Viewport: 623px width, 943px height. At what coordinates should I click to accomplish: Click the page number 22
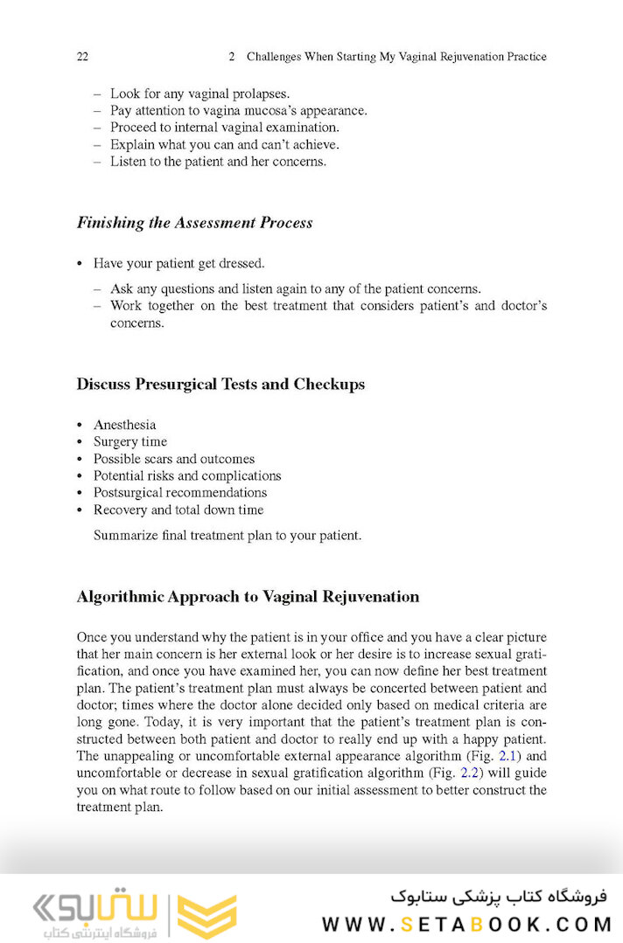pos(83,57)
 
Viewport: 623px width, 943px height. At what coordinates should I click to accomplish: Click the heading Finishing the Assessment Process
pos(194,223)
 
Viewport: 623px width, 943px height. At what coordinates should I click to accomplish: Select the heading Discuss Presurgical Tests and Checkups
pos(220,385)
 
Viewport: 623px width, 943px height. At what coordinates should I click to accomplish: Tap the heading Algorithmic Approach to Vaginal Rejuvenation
pos(248,598)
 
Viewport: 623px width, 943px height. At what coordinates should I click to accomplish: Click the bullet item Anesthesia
pos(124,425)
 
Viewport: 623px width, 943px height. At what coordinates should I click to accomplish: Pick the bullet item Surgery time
pos(130,442)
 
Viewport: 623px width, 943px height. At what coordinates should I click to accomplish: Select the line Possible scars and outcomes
pos(174,459)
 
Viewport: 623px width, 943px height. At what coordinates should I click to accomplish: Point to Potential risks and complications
pos(187,476)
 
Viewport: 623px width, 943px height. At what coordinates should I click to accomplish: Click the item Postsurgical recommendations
pos(180,493)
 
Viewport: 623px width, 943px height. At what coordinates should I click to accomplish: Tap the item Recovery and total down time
pos(178,510)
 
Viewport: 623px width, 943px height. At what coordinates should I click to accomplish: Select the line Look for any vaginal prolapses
pos(199,94)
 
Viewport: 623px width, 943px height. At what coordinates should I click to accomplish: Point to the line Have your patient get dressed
pos(178,263)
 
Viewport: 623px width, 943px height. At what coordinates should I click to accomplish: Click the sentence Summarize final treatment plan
pos(227,536)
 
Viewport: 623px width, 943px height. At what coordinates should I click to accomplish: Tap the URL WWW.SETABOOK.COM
pos(464,924)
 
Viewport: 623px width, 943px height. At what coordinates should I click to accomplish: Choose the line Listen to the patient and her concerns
pos(218,162)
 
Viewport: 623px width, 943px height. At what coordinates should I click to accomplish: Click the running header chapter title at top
pos(396,57)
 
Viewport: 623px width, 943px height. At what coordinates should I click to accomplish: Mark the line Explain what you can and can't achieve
pos(224,145)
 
